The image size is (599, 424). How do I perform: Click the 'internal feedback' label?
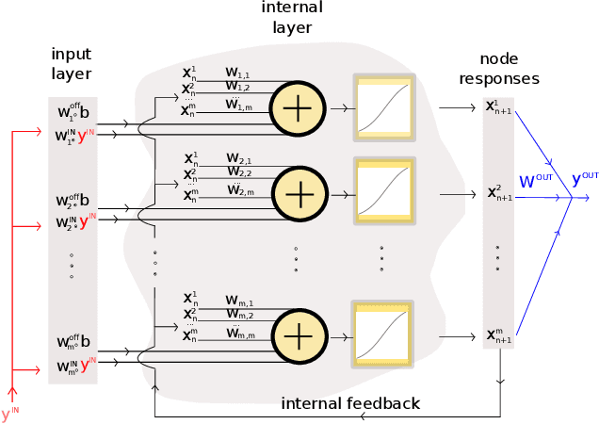(x=350, y=404)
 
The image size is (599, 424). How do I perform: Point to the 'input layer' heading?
(x=73, y=63)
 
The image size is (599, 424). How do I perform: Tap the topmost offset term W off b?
(x=73, y=113)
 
